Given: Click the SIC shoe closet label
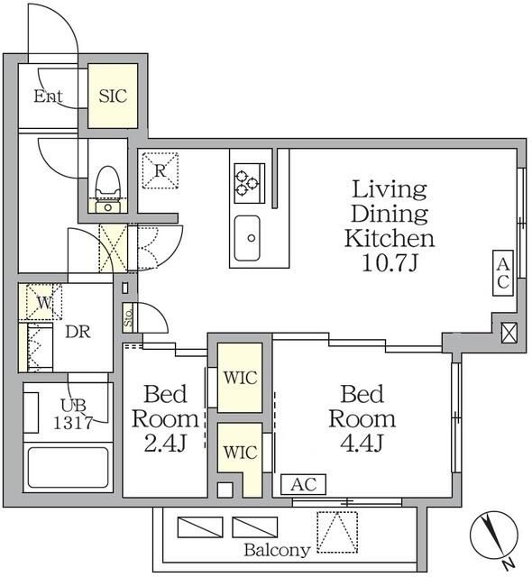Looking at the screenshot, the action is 113,96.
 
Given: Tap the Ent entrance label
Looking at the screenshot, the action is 48,96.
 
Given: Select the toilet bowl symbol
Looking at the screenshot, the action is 108,182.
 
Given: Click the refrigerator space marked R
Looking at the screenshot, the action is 160,170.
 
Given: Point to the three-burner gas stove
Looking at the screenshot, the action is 249,183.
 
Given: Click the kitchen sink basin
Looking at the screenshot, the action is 247,238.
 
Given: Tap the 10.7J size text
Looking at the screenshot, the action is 390,262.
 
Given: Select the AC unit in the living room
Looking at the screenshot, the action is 503,273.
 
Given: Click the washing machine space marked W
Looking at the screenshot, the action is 44,302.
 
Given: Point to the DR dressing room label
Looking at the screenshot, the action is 78,332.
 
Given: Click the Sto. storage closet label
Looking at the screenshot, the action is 128,317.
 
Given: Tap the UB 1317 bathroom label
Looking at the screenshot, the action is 73,414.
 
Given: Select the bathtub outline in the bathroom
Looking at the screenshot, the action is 69,467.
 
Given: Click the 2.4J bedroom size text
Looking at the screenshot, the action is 165,443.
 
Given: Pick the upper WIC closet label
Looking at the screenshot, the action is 240,378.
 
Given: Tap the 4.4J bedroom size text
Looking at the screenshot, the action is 362,443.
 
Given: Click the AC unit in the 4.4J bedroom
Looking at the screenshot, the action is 303,484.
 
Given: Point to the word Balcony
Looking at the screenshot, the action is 277,550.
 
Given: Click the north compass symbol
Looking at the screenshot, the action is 494,536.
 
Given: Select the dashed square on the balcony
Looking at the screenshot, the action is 337,532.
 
